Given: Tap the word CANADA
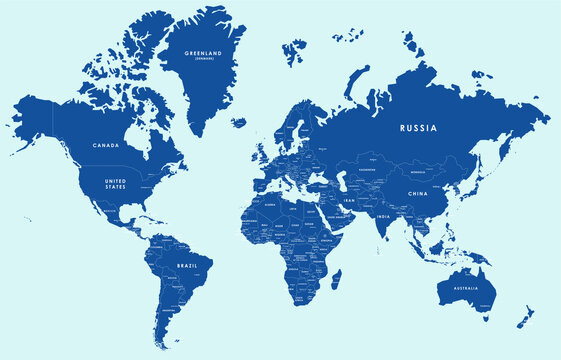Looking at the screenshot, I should [105, 145].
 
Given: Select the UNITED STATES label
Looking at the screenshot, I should [116, 183].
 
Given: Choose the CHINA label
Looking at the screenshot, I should [417, 193].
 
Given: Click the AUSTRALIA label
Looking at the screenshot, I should [467, 289].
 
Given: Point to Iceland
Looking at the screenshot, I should [238, 122].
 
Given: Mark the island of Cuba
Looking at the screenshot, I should [143, 215].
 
